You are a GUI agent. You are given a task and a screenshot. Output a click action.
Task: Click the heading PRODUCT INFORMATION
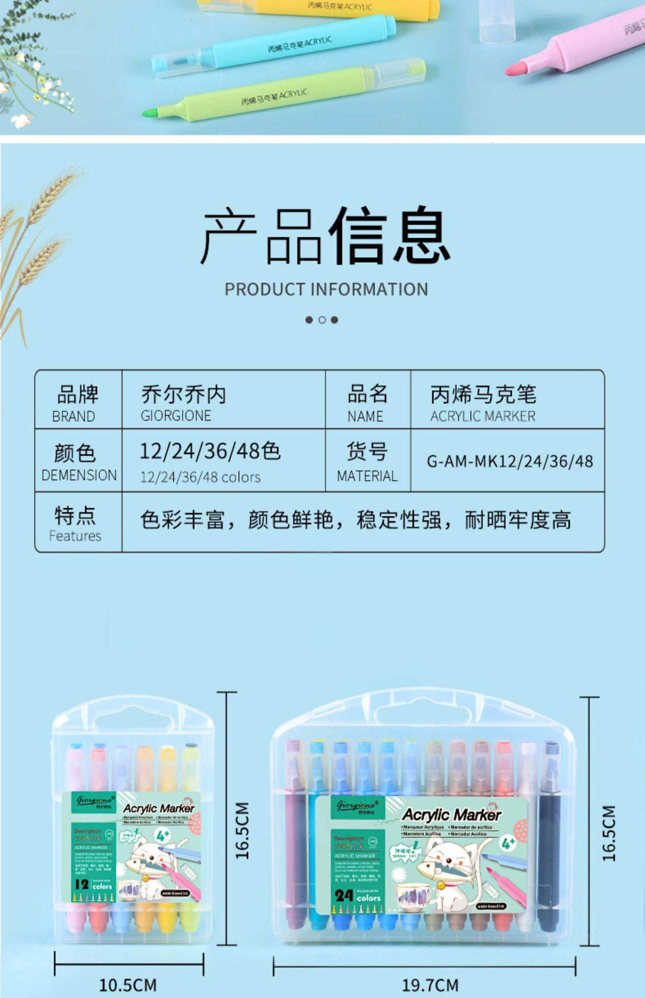[326, 289]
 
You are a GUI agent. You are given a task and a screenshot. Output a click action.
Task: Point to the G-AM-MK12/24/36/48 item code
[510, 461]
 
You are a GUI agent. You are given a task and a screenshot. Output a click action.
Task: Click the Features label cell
[76, 523]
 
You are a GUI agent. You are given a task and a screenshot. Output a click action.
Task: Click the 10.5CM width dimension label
[128, 985]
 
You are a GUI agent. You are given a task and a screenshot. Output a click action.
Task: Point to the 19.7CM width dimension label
[430, 985]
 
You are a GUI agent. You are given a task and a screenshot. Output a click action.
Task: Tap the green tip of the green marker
[150, 112]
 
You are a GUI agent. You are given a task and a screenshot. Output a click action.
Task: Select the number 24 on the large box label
[344, 896]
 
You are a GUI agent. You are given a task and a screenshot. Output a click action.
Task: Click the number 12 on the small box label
[82, 884]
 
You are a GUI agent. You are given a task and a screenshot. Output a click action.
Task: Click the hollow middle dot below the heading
[322, 320]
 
